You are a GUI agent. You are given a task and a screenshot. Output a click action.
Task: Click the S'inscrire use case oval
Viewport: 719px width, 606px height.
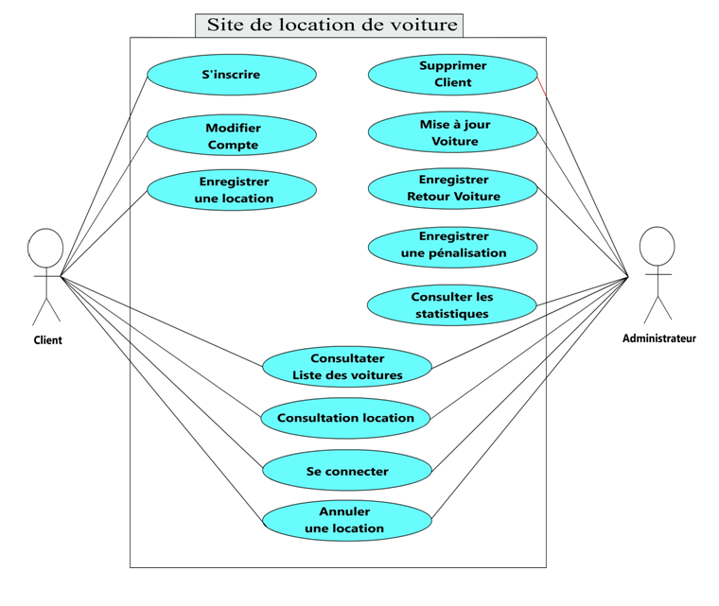point(232,75)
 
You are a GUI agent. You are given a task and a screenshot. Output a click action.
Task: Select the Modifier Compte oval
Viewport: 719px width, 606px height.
point(232,136)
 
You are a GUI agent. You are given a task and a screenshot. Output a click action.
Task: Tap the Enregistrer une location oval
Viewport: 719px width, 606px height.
point(232,190)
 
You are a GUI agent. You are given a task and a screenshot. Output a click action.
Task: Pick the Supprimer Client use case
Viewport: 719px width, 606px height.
point(452,75)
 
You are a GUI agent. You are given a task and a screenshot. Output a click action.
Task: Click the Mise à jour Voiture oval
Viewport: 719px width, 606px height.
point(452,133)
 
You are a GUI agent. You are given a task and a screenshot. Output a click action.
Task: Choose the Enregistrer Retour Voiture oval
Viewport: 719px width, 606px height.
point(452,188)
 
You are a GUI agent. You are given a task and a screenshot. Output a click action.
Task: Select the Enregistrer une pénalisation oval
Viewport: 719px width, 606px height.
point(452,245)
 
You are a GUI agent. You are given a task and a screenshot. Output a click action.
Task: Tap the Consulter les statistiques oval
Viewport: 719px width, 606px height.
point(451,304)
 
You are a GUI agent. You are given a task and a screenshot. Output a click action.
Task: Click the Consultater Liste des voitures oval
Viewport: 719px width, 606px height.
point(347,367)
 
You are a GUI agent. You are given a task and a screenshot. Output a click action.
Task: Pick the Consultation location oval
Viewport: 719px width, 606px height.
point(345,418)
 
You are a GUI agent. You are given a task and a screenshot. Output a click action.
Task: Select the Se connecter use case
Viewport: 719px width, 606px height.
point(347,471)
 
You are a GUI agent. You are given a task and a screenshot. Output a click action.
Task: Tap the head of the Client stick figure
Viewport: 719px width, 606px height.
point(45,247)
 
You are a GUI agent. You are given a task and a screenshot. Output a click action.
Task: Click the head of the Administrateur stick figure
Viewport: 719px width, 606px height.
point(658,245)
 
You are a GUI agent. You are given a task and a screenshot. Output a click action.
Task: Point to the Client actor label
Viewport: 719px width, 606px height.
point(47,340)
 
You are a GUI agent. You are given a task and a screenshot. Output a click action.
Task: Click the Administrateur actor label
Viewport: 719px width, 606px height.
point(658,338)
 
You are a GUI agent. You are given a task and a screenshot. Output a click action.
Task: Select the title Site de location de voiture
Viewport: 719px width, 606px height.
point(331,26)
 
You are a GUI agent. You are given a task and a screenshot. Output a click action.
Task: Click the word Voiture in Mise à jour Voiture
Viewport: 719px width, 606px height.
point(455,142)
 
